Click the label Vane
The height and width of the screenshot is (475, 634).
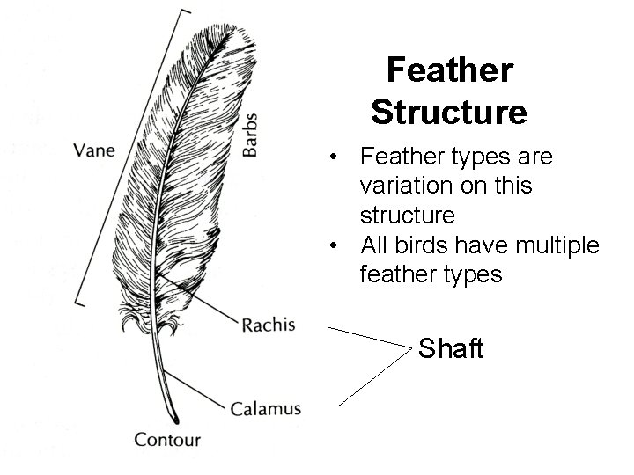[x=93, y=149]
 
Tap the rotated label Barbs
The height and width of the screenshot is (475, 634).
[x=250, y=135]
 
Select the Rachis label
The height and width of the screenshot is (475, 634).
[x=268, y=325]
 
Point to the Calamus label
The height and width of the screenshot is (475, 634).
[x=266, y=408]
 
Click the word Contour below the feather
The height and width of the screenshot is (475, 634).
[x=167, y=439]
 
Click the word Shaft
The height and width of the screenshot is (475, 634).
[x=451, y=348]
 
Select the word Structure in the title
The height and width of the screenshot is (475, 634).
[x=449, y=112]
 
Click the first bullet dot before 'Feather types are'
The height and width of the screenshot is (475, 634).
[x=336, y=159]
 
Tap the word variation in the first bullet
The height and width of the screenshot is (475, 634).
[x=407, y=186]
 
